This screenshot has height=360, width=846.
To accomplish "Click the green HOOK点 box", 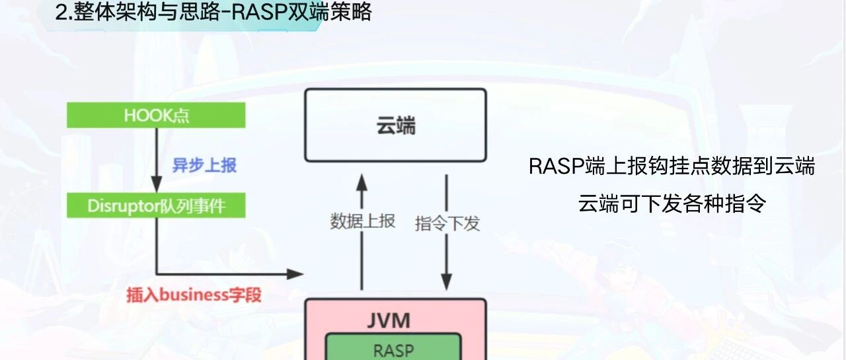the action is tap(156, 115).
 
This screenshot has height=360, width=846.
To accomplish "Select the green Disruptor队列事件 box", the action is tap(156, 205).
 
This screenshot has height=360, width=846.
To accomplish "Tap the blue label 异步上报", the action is tap(204, 165).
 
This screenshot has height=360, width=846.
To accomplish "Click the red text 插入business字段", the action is tap(194, 295).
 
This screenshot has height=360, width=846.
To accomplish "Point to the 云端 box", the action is tap(395, 126).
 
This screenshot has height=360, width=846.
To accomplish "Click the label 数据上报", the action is tap(363, 221).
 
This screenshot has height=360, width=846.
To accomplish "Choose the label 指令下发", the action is tap(447, 223).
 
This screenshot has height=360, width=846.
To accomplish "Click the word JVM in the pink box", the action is tap(389, 321).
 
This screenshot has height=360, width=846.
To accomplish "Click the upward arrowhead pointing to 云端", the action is tap(362, 182).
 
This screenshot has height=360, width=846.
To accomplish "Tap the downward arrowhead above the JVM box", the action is tap(446, 281).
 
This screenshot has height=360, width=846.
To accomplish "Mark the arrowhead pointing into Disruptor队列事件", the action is tap(157, 184).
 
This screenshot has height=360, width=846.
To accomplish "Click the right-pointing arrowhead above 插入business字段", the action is tap(295, 274).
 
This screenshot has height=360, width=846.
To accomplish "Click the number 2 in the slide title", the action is tap(60, 13).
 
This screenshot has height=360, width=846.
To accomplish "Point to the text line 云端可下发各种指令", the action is tap(672, 203).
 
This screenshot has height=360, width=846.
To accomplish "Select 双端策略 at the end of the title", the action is tap(330, 12).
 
